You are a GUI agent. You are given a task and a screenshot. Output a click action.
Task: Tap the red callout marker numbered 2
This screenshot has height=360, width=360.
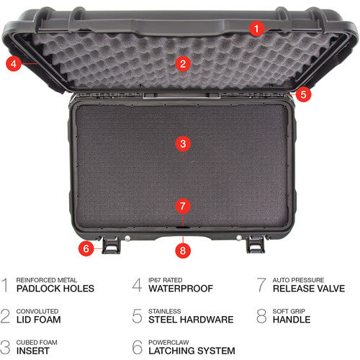(x=183, y=64)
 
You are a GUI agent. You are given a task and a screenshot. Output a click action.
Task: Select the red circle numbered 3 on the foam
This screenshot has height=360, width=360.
(x=183, y=143)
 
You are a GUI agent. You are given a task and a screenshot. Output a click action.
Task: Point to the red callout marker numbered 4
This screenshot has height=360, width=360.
(x=13, y=63)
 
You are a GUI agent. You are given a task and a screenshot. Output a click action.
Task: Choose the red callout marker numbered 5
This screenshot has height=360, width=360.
(x=303, y=93)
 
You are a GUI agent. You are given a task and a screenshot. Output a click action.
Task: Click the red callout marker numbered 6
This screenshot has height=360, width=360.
(x=86, y=248)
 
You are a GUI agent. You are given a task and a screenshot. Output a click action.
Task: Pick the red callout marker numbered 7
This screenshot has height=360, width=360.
(x=183, y=206)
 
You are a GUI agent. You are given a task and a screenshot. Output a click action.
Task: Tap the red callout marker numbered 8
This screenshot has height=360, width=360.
(x=183, y=251)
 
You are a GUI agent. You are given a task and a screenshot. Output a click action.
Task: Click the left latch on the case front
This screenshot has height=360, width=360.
(x=112, y=245)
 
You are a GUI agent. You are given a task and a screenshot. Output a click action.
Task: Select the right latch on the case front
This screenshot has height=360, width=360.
(x=255, y=245)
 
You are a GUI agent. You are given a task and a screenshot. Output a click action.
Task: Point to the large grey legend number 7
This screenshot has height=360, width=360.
(x=261, y=285)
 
